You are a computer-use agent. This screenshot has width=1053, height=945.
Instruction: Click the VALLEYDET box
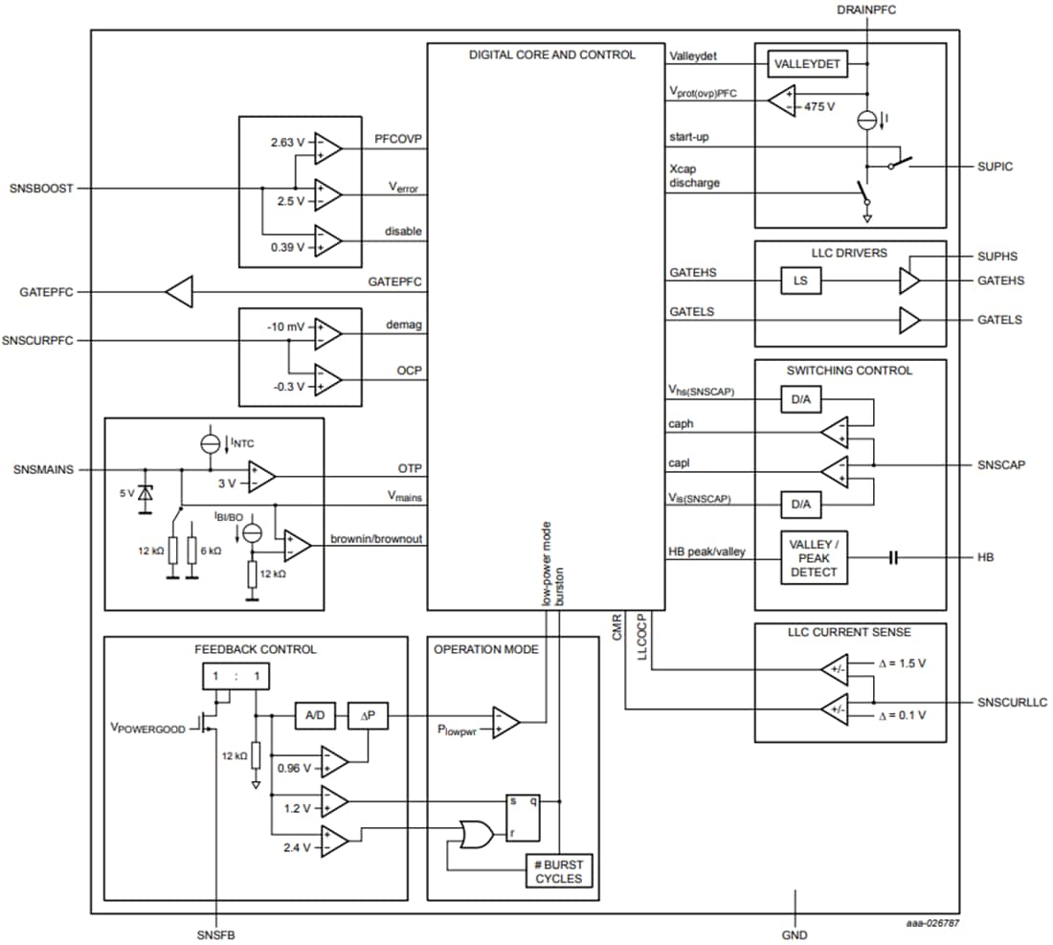click(x=808, y=63)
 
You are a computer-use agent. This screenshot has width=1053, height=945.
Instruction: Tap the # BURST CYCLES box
click(x=559, y=872)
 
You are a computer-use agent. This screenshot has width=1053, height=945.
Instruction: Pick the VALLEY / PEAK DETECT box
click(x=814, y=556)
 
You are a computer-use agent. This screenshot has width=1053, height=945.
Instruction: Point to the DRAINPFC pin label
click(x=865, y=9)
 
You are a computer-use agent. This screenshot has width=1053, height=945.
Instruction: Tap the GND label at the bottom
click(x=795, y=934)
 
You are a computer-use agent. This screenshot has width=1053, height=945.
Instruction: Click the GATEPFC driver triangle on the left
click(x=179, y=291)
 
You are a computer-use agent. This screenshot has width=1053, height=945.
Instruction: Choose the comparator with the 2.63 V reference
click(x=327, y=147)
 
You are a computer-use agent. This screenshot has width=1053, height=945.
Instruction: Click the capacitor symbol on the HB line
click(x=893, y=556)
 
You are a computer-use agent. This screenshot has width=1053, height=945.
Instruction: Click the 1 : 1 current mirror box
click(x=235, y=677)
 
